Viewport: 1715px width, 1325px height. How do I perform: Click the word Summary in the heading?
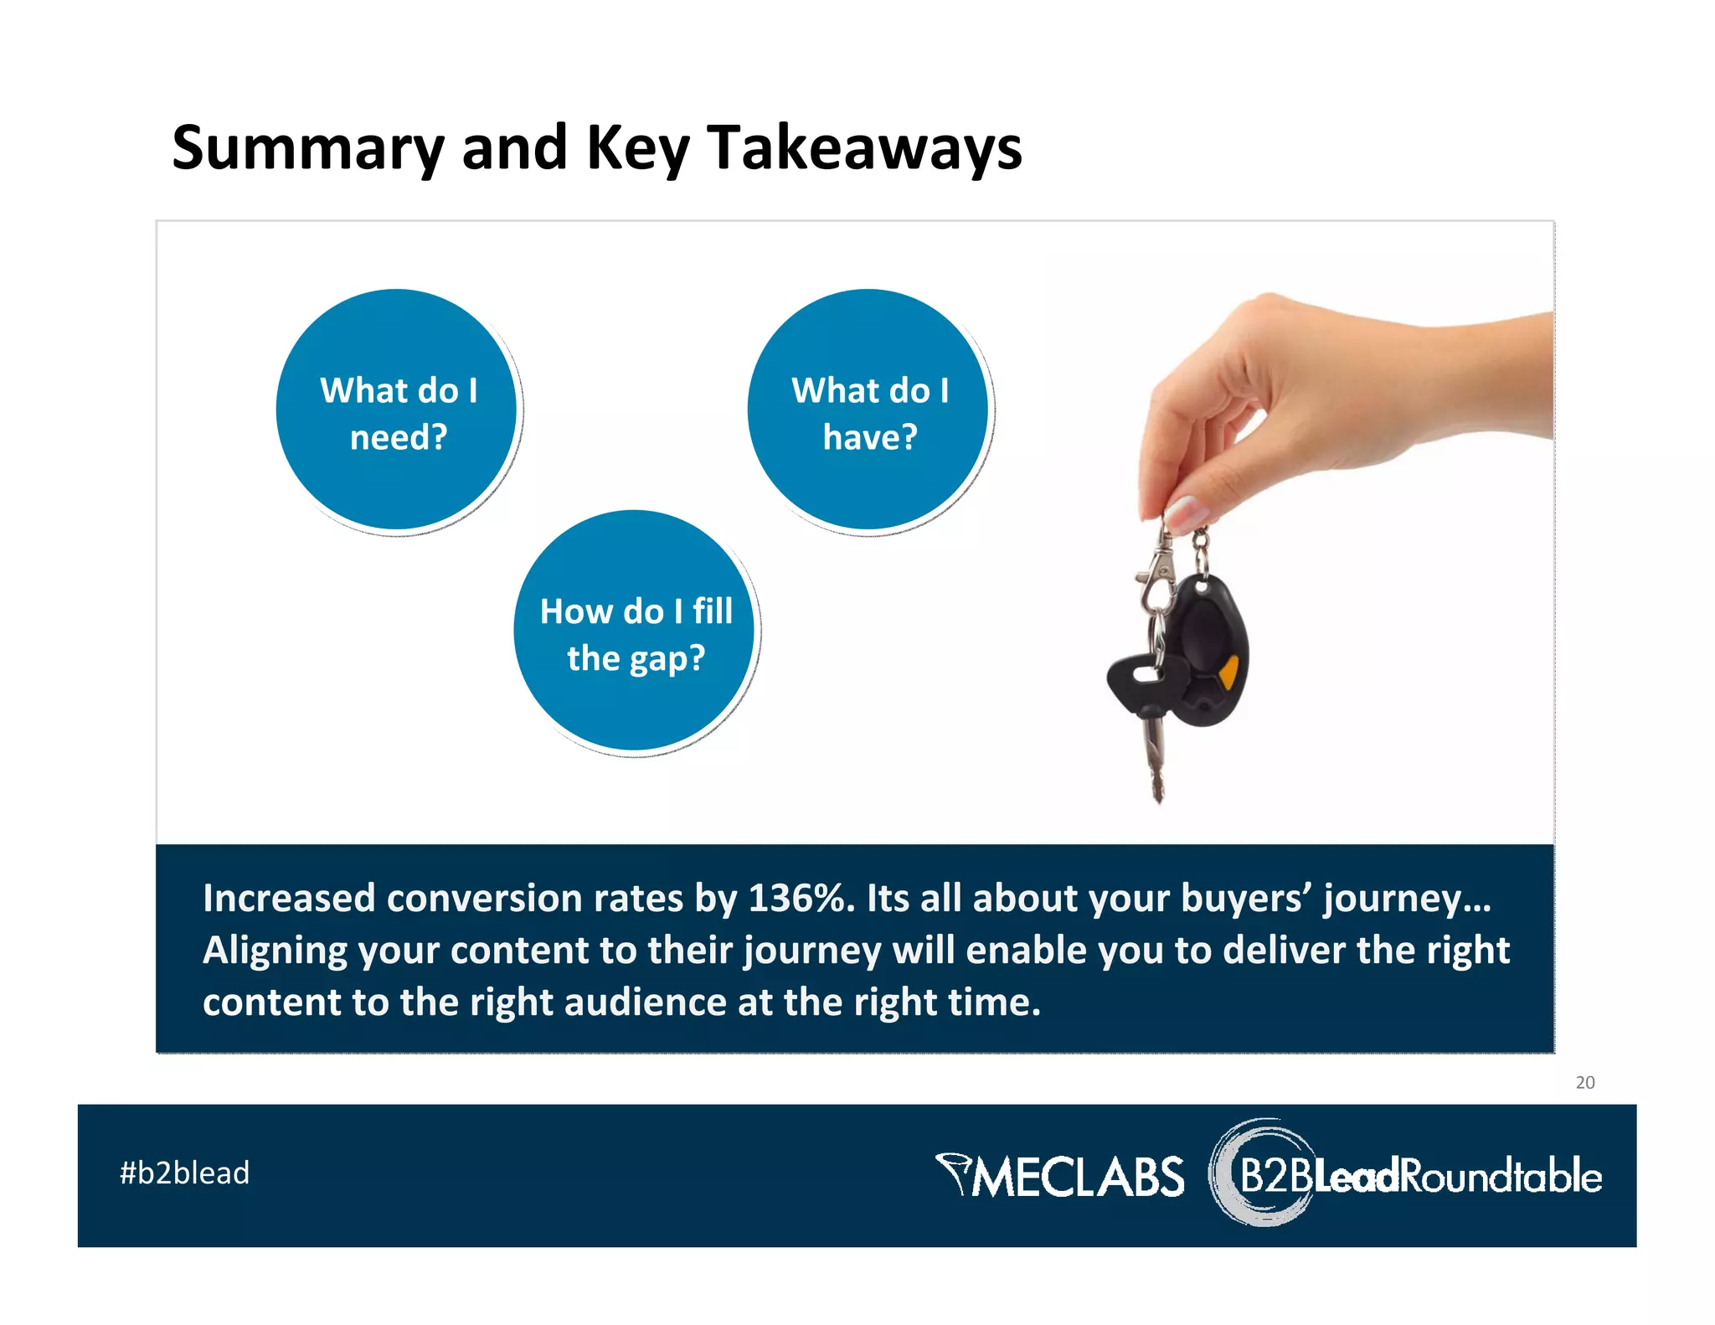point(307,148)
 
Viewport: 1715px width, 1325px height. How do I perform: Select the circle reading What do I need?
point(398,410)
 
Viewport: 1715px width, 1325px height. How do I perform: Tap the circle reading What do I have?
point(869,410)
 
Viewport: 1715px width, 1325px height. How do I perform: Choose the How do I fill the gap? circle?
point(636,632)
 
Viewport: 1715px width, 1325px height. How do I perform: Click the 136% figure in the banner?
point(800,899)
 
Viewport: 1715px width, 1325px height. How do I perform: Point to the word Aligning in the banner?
point(275,951)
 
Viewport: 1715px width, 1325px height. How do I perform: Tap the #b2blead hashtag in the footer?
point(184,1173)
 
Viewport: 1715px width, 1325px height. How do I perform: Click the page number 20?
point(1584,1082)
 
